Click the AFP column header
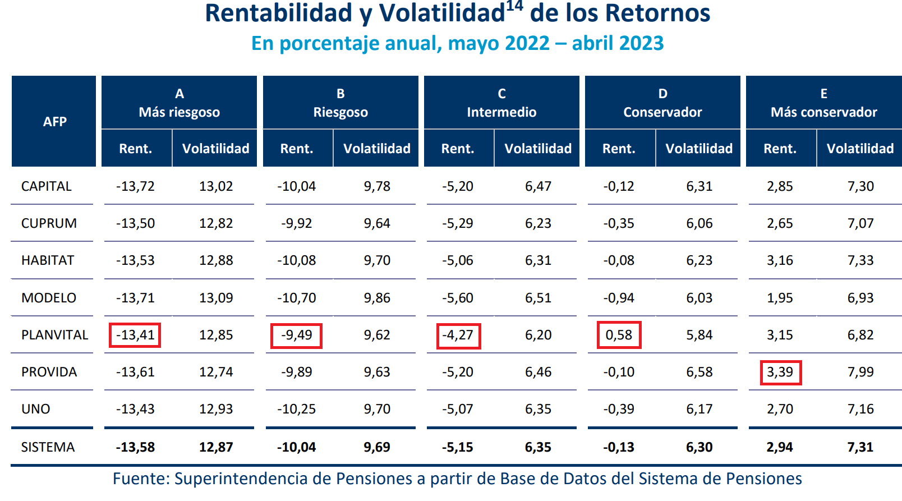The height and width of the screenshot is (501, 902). (54, 121)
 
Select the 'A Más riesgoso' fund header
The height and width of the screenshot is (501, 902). (179, 103)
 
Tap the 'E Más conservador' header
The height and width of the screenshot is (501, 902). (823, 103)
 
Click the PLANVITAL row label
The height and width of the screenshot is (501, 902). (54, 335)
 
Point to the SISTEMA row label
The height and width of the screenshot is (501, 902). (48, 447)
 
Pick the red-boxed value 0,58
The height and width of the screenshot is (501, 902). (619, 335)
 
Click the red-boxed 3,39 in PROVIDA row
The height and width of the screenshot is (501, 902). (780, 372)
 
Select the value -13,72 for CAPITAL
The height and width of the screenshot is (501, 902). (135, 186)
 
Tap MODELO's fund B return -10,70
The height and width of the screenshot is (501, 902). (296, 298)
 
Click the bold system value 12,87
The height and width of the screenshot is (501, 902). (216, 447)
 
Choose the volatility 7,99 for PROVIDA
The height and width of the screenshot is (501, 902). (860, 372)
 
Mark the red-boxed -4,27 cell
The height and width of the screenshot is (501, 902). (458, 335)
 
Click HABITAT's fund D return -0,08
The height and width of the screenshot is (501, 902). (619, 260)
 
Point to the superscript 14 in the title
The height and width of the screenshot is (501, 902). (514, 6)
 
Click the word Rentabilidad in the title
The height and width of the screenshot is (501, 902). (279, 13)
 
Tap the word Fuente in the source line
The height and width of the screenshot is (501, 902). (140, 479)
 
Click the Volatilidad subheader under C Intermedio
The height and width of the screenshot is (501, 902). (537, 149)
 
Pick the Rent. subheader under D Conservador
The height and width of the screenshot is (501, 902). (619, 149)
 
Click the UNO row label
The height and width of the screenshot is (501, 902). (35, 409)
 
